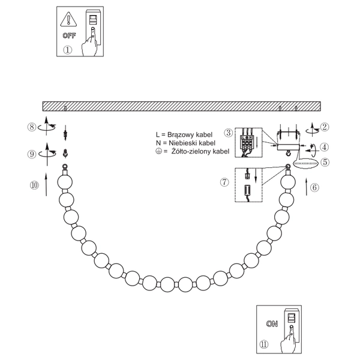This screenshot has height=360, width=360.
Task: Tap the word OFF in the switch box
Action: [x=68, y=36]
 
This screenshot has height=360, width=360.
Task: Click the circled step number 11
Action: [x=265, y=345]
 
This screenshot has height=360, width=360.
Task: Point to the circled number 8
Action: [x=32, y=127]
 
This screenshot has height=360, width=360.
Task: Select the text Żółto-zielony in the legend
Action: [x=192, y=152]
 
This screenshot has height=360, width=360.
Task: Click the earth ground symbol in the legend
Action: [x=158, y=152]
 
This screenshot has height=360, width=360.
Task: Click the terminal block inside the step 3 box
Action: [x=247, y=143]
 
